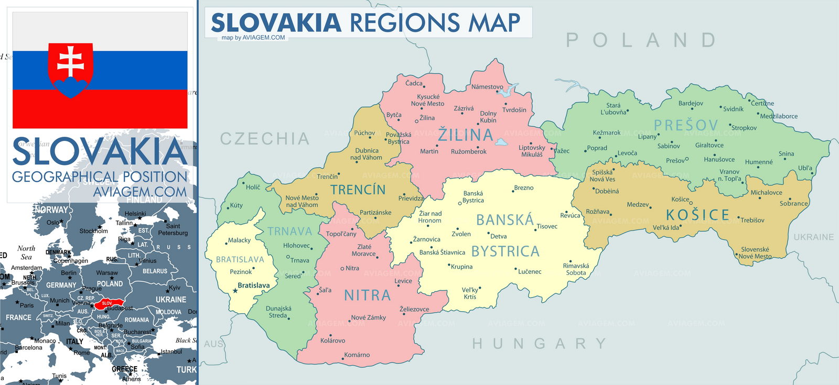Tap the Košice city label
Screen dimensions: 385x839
tap(680, 199)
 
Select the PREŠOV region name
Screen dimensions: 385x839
tap(686, 125)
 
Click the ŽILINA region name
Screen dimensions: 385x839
tap(466, 135)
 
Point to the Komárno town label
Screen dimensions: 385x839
tap(357, 355)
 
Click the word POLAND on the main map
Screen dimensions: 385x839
tap(641, 40)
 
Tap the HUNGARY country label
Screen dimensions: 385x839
tap(539, 344)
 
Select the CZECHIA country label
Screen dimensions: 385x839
tap(265, 139)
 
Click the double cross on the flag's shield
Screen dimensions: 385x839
tap(71, 61)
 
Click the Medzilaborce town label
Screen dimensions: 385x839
tap(779, 116)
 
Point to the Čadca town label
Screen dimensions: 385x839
tap(413, 83)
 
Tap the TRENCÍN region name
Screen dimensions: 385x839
tap(358, 190)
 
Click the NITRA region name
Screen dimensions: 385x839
tap(367, 295)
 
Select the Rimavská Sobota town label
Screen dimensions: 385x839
tap(576, 269)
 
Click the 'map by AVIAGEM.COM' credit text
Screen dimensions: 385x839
tap(253, 37)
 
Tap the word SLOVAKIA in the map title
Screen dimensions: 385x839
tap(276, 23)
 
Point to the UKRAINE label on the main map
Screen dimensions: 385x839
tap(813, 237)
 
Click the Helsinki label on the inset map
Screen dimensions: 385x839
tap(135, 214)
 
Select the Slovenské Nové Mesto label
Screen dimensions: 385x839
tap(755, 253)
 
